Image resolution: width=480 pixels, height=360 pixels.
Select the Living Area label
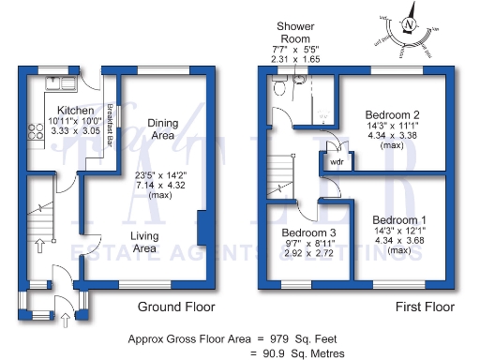(x=144, y=242)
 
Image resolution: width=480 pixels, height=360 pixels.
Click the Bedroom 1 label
(x=387, y=217)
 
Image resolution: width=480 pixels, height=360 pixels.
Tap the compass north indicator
(x=408, y=24)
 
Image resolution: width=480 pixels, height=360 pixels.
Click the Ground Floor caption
(x=176, y=307)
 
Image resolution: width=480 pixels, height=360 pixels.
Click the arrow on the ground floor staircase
(x=40, y=247)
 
